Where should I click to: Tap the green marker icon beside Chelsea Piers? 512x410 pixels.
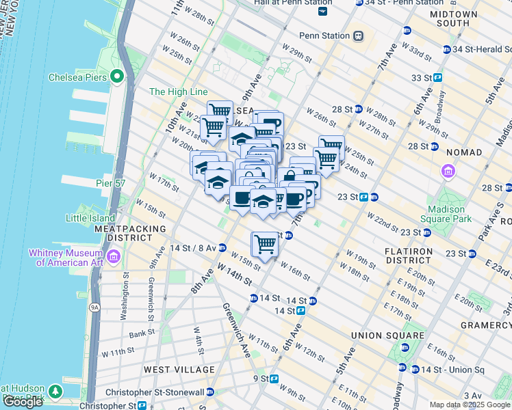[118, 77]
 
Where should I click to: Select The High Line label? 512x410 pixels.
[177, 92]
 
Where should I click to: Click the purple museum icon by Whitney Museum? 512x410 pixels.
[114, 256]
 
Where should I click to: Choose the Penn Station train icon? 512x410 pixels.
[357, 36]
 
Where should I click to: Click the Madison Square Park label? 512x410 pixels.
[450, 214]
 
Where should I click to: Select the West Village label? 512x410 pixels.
[179, 370]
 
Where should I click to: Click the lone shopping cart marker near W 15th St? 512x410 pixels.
[265, 243]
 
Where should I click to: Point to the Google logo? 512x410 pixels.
[23, 402]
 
